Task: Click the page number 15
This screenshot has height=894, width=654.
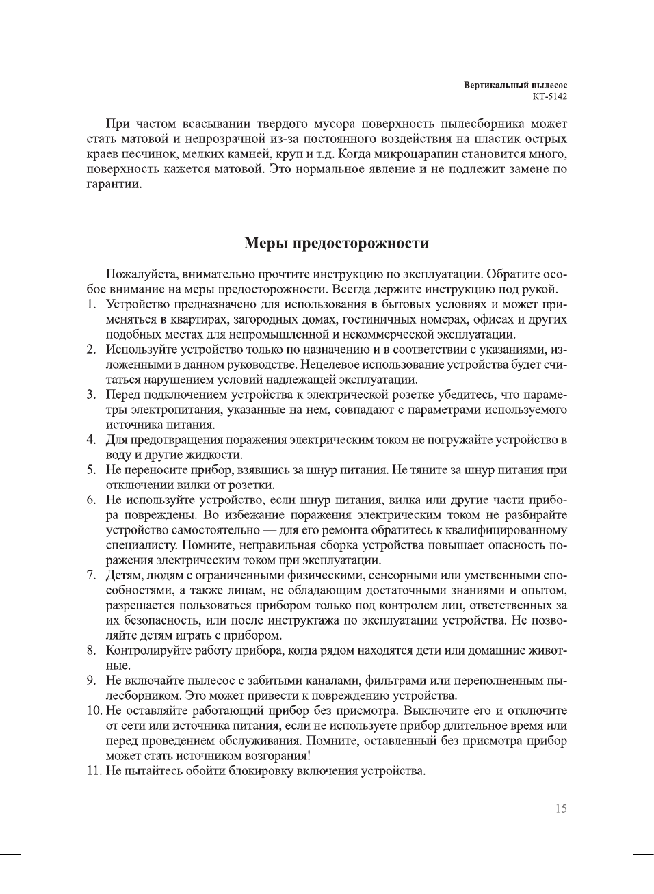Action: pyautogui.click(x=561, y=808)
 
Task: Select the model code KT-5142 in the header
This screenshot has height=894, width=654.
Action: pyautogui.click(x=549, y=96)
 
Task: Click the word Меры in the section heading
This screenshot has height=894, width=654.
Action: pyautogui.click(x=267, y=244)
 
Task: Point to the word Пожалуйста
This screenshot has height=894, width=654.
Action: pyautogui.click(x=141, y=274)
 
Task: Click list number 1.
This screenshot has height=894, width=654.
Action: pyautogui.click(x=91, y=304)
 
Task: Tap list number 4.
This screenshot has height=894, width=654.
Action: pyautogui.click(x=91, y=440)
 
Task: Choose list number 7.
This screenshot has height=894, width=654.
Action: pyautogui.click(x=91, y=575)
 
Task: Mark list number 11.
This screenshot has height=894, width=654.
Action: pyautogui.click(x=93, y=771)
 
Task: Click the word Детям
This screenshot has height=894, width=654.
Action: pyautogui.click(x=123, y=575)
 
